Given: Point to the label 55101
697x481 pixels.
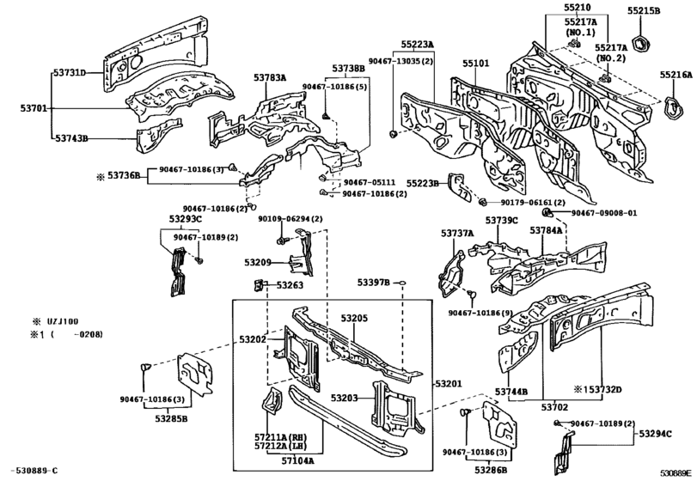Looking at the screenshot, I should click(x=475, y=64).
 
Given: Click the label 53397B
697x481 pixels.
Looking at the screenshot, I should click(x=374, y=283).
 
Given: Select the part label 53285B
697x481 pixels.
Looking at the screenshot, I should click(x=172, y=418).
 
